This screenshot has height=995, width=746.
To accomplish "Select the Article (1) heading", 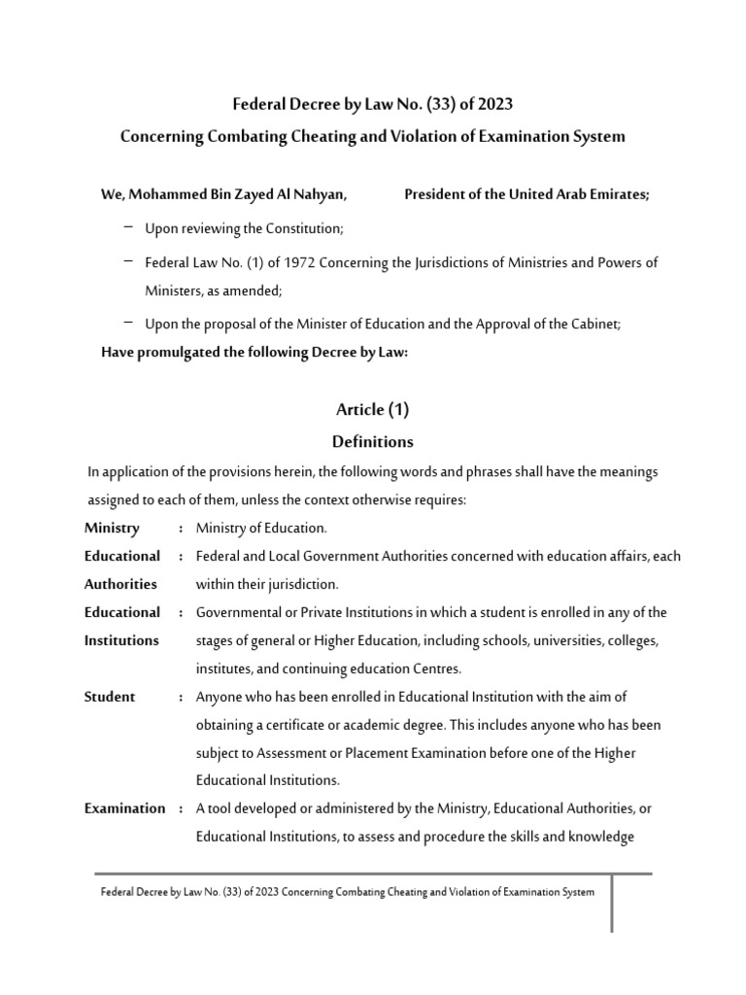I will (373, 410).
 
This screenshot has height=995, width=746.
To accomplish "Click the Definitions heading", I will (373, 442).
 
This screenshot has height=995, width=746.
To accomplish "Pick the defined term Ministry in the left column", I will (112, 528).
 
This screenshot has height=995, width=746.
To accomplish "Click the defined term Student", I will (110, 697).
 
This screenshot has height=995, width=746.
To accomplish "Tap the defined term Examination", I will (124, 808).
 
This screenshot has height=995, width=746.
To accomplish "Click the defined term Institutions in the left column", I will (121, 640).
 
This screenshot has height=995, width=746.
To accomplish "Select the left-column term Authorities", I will (120, 584).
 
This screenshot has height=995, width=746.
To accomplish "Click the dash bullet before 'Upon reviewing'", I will (129, 227).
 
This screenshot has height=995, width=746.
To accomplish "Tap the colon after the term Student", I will (181, 697).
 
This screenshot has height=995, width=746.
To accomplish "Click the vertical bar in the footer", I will (612, 902).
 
